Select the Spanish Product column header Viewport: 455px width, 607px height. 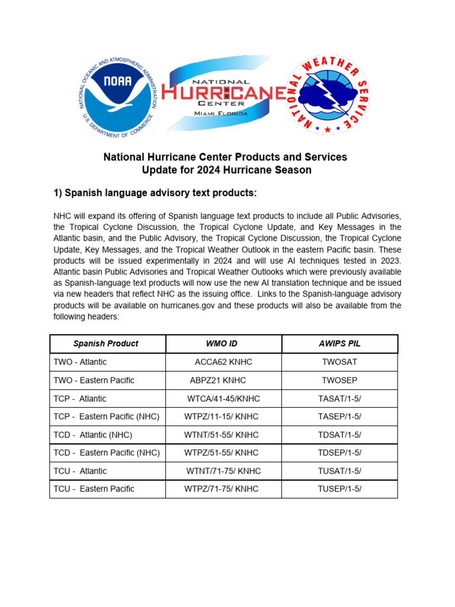[105, 344]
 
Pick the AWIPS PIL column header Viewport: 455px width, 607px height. [339, 344]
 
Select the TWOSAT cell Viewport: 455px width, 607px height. [339, 362]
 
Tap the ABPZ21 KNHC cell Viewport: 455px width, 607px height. [217, 381]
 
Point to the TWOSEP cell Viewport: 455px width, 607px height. [339, 381]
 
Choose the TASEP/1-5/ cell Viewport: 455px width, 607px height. [339, 417]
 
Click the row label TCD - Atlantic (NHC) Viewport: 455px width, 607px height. [93, 435]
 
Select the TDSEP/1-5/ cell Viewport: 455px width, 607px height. [339, 453]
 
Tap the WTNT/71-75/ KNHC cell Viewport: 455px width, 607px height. [223, 471]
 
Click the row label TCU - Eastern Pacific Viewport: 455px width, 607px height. [94, 489]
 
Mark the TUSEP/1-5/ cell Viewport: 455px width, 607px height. [339, 489]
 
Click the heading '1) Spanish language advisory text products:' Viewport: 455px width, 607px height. [155, 193]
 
